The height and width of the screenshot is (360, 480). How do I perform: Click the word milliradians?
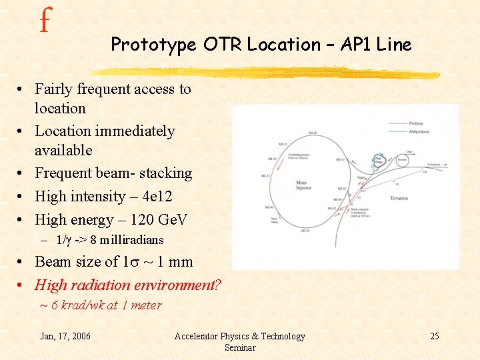click(132, 240)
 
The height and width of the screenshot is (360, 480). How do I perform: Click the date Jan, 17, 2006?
click(65, 336)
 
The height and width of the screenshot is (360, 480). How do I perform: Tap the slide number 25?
click(434, 336)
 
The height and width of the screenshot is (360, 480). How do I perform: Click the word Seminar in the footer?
click(239, 347)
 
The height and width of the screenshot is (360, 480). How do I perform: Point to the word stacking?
click(169, 173)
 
